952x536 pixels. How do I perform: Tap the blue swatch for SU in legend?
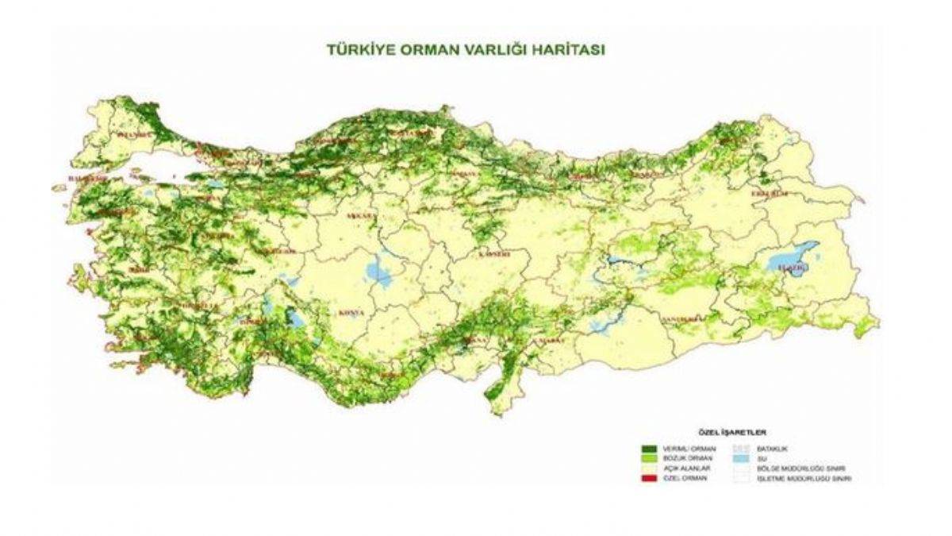[742, 459]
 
